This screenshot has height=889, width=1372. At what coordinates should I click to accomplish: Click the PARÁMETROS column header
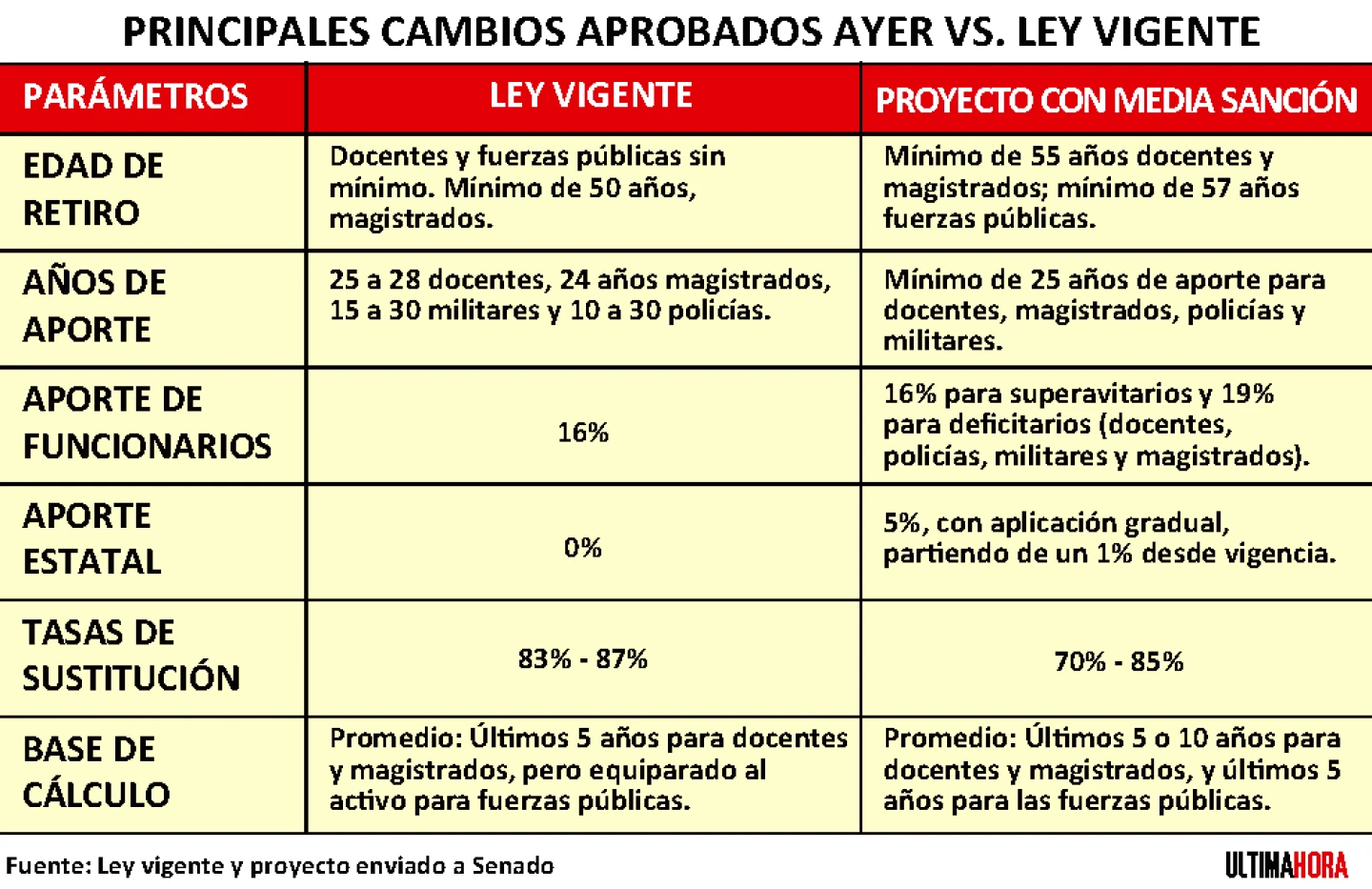(x=135, y=96)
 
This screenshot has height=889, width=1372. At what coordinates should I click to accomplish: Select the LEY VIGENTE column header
(x=591, y=95)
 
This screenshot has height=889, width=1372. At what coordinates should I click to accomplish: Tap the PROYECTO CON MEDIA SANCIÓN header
(x=1116, y=100)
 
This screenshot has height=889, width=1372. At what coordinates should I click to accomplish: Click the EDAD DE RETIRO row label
(x=92, y=189)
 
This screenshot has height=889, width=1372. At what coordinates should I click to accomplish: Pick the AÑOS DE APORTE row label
(x=93, y=305)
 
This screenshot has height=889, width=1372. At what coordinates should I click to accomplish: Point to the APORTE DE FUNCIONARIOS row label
(x=147, y=422)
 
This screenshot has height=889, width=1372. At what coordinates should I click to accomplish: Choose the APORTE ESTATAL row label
(x=91, y=538)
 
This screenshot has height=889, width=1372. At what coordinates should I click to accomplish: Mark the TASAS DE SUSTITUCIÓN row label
(x=131, y=655)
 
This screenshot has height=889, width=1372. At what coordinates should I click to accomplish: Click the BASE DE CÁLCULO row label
(x=95, y=771)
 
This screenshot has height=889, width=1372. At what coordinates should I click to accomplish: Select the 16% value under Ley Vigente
(x=583, y=433)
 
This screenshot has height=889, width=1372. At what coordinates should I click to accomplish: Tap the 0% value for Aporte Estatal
(x=582, y=548)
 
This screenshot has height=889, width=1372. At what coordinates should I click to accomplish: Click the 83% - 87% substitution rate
(x=582, y=658)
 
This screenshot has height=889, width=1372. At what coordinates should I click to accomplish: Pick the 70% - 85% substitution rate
(x=1119, y=661)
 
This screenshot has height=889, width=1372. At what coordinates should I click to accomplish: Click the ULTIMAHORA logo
(x=1286, y=865)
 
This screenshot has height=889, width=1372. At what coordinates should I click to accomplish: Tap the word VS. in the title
(x=976, y=32)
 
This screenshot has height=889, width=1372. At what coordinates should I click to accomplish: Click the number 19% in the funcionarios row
(x=1248, y=394)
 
